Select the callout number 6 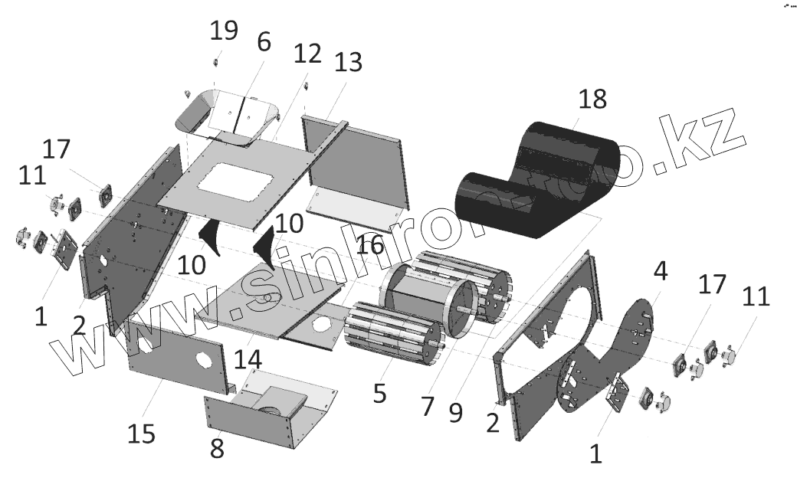click(263, 42)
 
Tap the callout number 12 click(308, 55)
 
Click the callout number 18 click(592, 99)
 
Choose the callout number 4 click(660, 270)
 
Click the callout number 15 click(141, 433)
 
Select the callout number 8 click(217, 448)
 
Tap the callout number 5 click(379, 393)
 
